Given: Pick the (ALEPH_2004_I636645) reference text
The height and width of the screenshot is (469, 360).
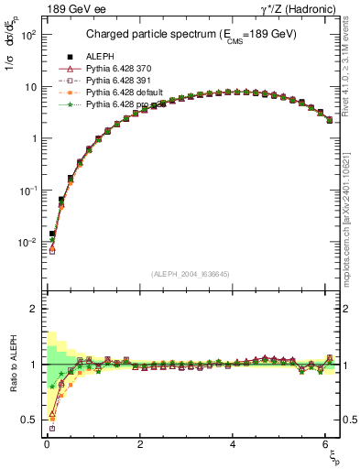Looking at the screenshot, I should [x=190, y=275].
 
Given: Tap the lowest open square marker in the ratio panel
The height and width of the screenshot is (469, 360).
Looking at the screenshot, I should [x=52, y=428].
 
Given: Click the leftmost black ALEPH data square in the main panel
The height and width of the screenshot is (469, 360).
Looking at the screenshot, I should [x=52, y=234].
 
